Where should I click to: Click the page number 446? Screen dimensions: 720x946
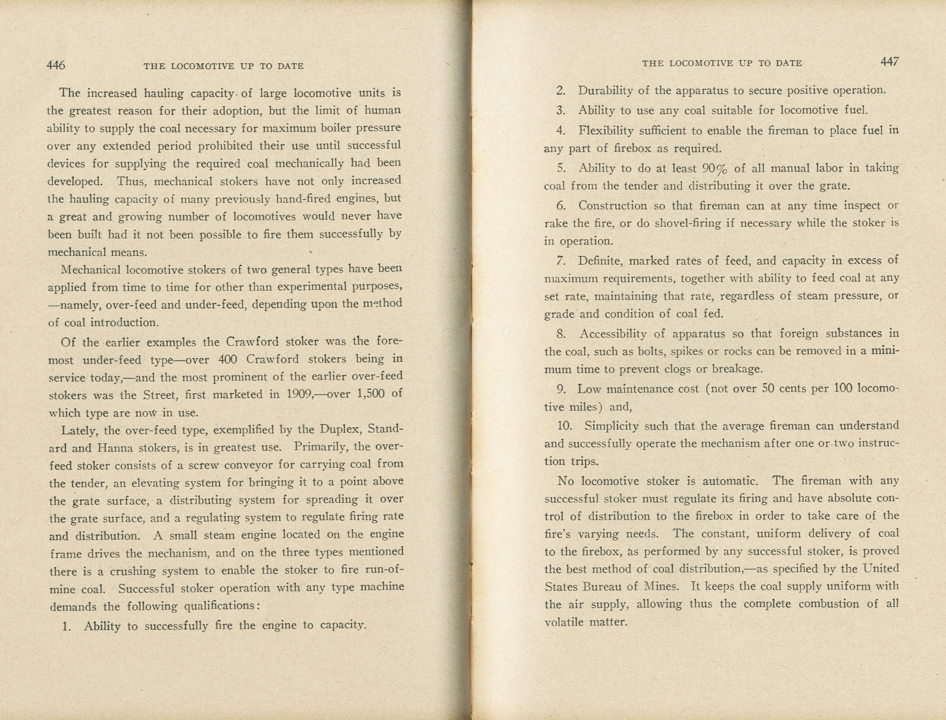(x=56, y=65)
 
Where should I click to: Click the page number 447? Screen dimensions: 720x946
(x=889, y=62)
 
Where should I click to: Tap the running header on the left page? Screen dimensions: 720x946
(x=224, y=66)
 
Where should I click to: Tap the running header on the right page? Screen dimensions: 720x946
(x=722, y=63)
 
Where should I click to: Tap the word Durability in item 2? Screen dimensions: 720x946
(x=605, y=90)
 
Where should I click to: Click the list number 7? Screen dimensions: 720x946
(x=560, y=261)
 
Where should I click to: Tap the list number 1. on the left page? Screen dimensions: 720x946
(x=67, y=626)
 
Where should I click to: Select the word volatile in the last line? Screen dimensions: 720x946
(x=564, y=622)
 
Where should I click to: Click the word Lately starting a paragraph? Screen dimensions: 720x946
(x=80, y=430)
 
